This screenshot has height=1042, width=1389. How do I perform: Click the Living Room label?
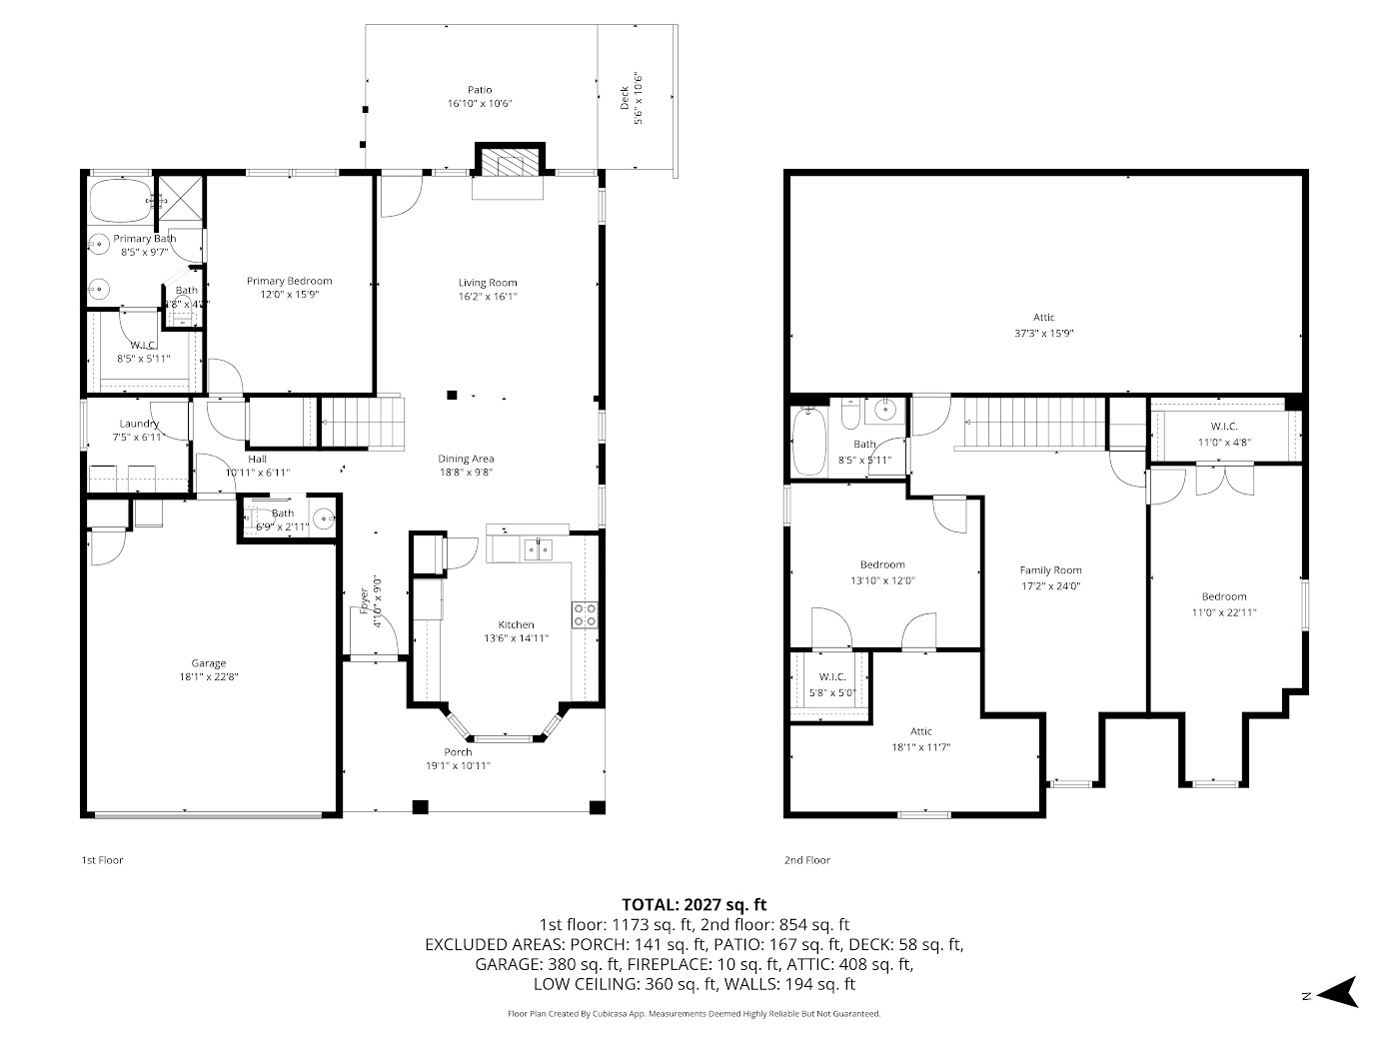(x=488, y=283)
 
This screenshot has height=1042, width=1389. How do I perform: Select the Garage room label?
(x=209, y=663)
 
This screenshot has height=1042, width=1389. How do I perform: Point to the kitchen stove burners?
(x=585, y=613)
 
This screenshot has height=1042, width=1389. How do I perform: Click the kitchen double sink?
(x=538, y=548)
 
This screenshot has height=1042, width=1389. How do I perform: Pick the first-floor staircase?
(x=364, y=422)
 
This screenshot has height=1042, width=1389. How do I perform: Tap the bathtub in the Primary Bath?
(x=120, y=201)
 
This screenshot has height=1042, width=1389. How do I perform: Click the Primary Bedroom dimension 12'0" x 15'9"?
(x=289, y=295)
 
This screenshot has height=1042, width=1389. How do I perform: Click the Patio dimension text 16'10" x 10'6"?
(x=480, y=104)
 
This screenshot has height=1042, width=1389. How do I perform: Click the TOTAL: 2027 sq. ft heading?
(x=694, y=905)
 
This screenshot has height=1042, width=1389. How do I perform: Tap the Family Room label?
(x=1050, y=570)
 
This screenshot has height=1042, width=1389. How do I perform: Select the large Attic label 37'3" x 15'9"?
(x=1044, y=334)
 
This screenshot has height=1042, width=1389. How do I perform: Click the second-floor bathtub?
(x=806, y=440)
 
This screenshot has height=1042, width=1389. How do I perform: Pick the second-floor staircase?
(x=1034, y=423)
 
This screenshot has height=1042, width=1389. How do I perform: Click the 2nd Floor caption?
(x=806, y=860)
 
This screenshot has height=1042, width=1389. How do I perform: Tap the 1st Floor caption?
(x=102, y=860)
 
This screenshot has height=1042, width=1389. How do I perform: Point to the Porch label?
(x=458, y=752)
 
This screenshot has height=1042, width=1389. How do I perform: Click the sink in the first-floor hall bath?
(x=323, y=519)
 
